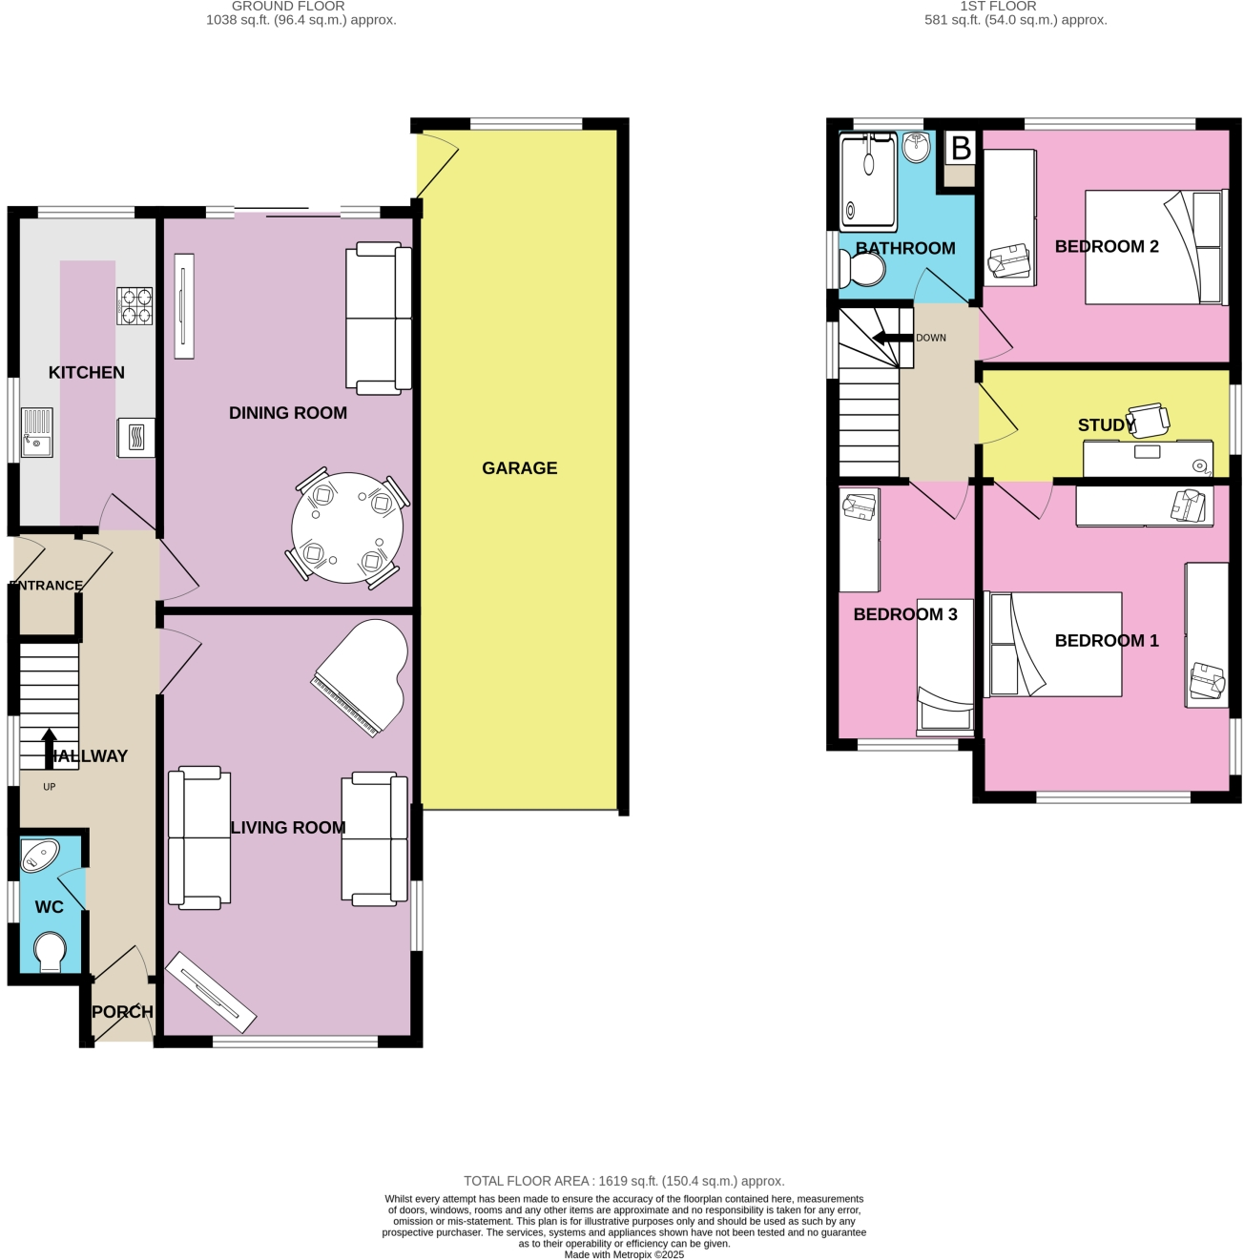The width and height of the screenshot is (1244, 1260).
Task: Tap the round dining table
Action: coord(347,527)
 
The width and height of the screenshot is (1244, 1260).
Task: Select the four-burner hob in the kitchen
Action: coord(135,306)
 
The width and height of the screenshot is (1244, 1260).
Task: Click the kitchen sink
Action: coord(37,432)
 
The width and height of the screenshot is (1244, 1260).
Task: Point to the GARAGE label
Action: coord(519,468)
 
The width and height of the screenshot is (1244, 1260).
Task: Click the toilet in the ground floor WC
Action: coord(50,952)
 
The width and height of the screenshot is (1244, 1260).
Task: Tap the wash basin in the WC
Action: coord(39,856)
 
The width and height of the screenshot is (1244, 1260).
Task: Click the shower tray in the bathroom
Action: coord(867,181)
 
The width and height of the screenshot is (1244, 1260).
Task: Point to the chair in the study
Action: coord(1148,421)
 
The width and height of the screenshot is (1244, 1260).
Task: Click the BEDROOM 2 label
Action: coord(1106,247)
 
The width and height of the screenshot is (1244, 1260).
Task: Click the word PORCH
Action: coord(122,1012)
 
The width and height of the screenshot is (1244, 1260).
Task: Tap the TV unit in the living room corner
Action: coord(210,992)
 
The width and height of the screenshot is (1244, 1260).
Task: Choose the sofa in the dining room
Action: coord(379,319)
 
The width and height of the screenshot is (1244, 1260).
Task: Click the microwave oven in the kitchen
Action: coord(136,438)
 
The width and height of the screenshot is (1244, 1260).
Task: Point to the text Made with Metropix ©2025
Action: coord(624,1254)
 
